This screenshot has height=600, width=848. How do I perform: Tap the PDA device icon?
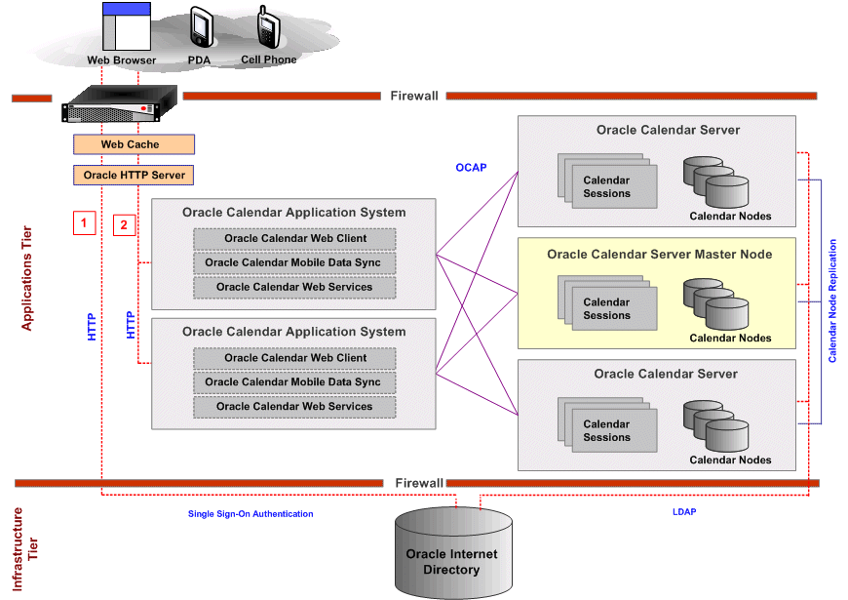coord(201,27)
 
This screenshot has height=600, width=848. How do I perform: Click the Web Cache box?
coord(134,144)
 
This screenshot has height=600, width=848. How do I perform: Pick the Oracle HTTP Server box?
coord(134,176)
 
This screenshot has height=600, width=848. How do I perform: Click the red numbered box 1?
coord(85,223)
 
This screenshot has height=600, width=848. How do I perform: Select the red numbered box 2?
coord(124,224)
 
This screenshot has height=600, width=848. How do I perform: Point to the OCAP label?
coord(471,168)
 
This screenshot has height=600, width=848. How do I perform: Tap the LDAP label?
coord(683,511)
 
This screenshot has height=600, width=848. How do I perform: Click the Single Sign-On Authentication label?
coord(251,513)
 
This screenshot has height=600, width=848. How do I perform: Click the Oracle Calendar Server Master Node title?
coord(659,255)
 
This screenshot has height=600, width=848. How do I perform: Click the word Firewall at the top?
coord(414,96)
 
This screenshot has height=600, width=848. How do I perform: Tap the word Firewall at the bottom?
coord(419,483)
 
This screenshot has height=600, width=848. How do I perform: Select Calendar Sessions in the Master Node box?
coord(606,308)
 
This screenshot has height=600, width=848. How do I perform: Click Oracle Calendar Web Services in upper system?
coord(294,287)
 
